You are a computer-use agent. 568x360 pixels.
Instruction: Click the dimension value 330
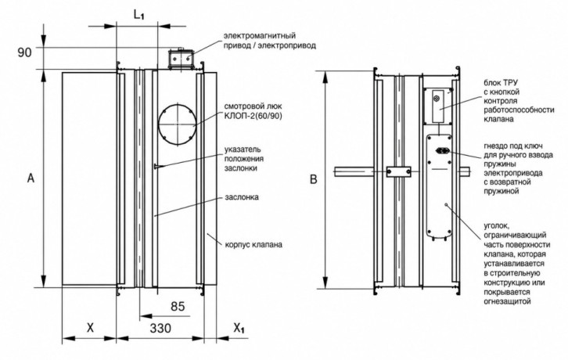point(160,329)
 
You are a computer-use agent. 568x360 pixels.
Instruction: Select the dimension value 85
point(178,306)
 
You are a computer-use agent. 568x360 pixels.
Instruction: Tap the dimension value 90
point(25,52)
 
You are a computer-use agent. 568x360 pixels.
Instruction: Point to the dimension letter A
point(31,178)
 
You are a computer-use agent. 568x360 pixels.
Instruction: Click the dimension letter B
point(314,179)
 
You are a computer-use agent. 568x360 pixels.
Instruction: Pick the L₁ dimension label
point(139,15)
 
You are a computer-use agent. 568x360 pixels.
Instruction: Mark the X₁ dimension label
point(239,329)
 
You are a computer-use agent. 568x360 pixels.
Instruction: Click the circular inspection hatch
point(178,124)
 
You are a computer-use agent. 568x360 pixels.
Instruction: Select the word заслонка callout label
point(242,197)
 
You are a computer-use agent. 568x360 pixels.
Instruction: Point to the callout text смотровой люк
point(253,106)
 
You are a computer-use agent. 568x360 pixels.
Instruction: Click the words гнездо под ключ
point(513,146)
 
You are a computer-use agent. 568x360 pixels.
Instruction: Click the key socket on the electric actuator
point(441,150)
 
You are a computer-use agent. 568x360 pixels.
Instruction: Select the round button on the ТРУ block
point(437,98)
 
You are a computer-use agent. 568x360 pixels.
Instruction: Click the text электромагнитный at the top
point(260,35)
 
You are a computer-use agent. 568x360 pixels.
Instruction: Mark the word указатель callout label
point(243,149)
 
